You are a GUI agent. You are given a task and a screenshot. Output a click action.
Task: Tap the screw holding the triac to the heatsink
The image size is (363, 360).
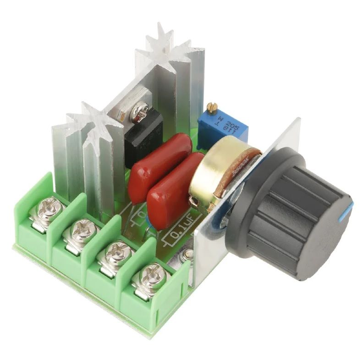[x=139, y=111]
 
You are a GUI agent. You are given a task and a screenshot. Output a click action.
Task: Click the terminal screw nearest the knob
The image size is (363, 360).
[x=150, y=277]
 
